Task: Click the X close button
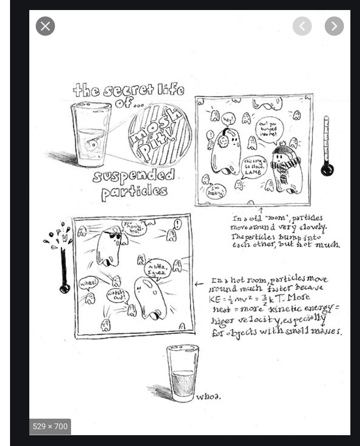pyautogui.click(x=45, y=26)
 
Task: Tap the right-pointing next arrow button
pyautogui.click(x=334, y=26)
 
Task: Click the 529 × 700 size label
pyautogui.click(x=50, y=426)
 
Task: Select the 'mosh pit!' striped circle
pyautogui.click(x=160, y=134)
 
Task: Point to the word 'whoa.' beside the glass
pyautogui.click(x=208, y=397)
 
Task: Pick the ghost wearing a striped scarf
pyautogui.click(x=286, y=168)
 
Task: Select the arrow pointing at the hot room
pyautogui.click(x=199, y=284)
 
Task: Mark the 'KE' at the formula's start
pyautogui.click(x=214, y=299)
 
